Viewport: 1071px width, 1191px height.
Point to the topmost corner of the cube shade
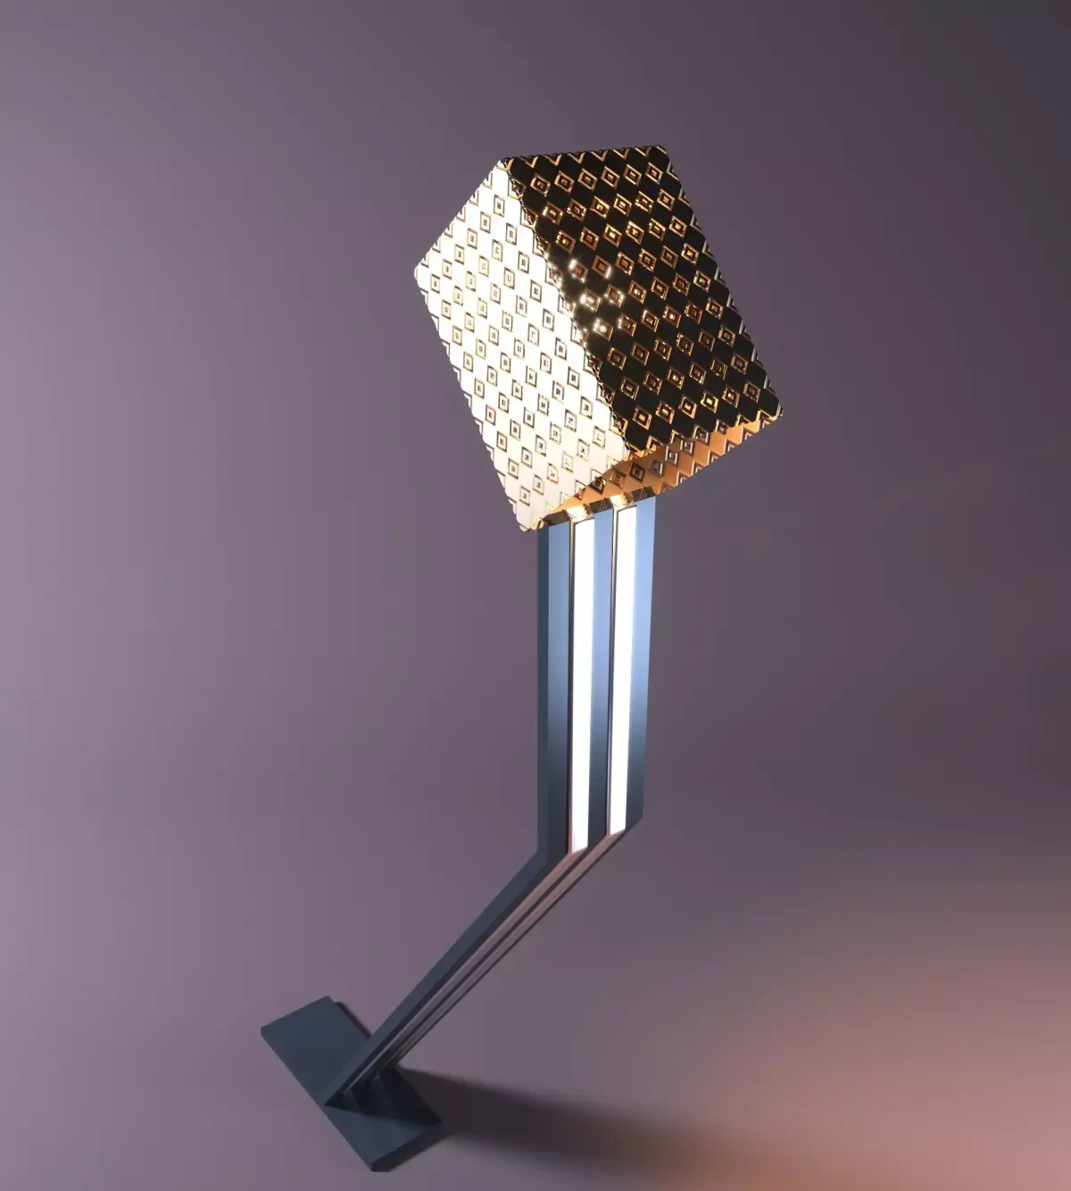[665, 146]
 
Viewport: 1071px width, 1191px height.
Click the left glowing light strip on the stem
[583, 679]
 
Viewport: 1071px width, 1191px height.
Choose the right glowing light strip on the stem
[622, 670]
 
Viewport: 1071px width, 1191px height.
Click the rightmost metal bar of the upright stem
[644, 670]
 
